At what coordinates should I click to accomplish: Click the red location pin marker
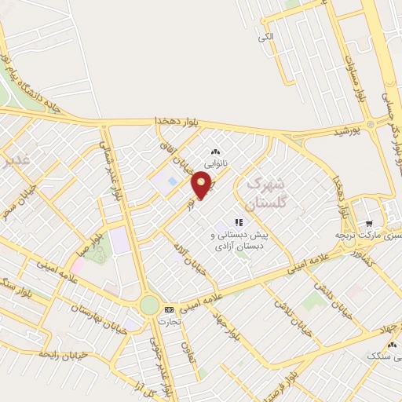203,185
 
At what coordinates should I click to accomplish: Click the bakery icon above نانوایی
216,152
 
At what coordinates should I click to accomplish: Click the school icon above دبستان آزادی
238,222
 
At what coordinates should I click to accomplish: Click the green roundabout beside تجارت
148,305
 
